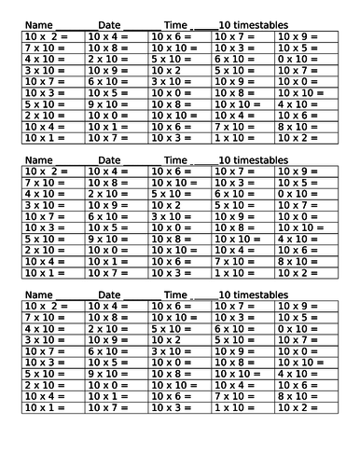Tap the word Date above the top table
111,23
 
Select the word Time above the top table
176,23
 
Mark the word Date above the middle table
111,160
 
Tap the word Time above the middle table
176,160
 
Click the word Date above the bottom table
111,295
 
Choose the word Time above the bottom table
176,295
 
